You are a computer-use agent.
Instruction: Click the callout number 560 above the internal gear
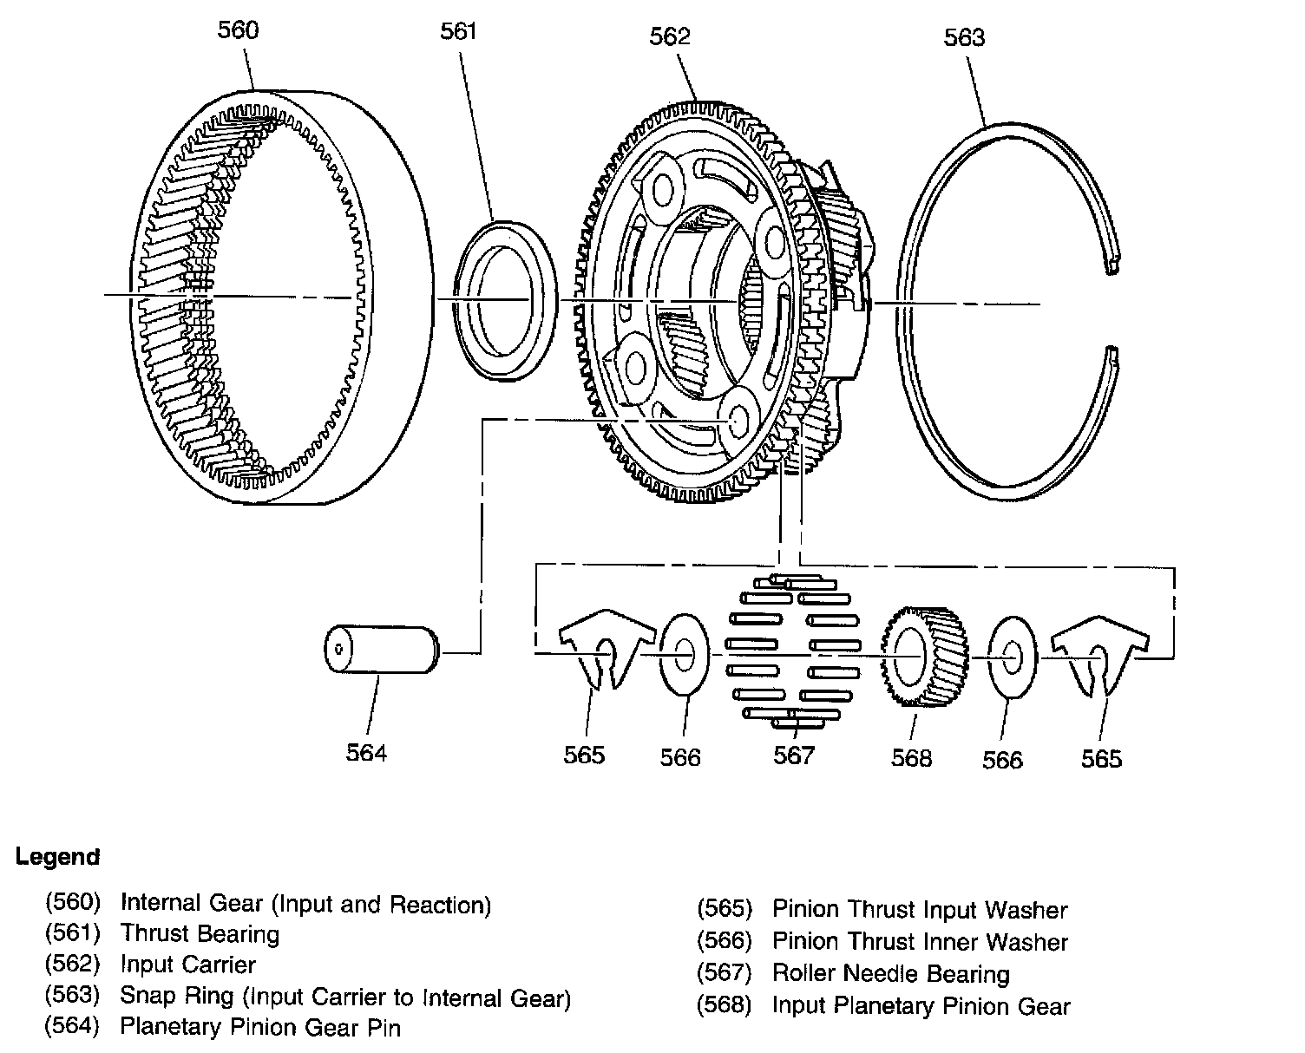(237, 30)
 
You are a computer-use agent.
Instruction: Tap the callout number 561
(458, 32)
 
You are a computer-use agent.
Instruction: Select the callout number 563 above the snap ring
(964, 37)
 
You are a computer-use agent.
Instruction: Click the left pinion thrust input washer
(604, 649)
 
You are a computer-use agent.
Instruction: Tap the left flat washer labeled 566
(683, 655)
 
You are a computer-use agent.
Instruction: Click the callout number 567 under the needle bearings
(794, 755)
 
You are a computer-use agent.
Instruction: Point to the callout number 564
(366, 752)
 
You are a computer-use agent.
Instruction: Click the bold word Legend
(57, 857)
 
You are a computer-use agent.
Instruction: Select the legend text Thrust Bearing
(200, 934)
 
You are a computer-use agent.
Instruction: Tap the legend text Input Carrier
(187, 965)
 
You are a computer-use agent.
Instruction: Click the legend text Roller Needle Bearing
(891, 973)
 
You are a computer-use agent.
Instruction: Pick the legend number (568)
(724, 1005)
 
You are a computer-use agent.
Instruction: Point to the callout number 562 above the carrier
(669, 36)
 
